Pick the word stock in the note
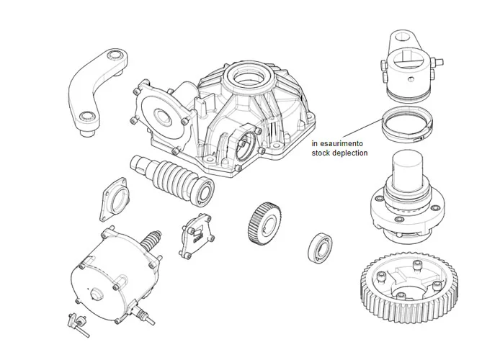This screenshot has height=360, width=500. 322,153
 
